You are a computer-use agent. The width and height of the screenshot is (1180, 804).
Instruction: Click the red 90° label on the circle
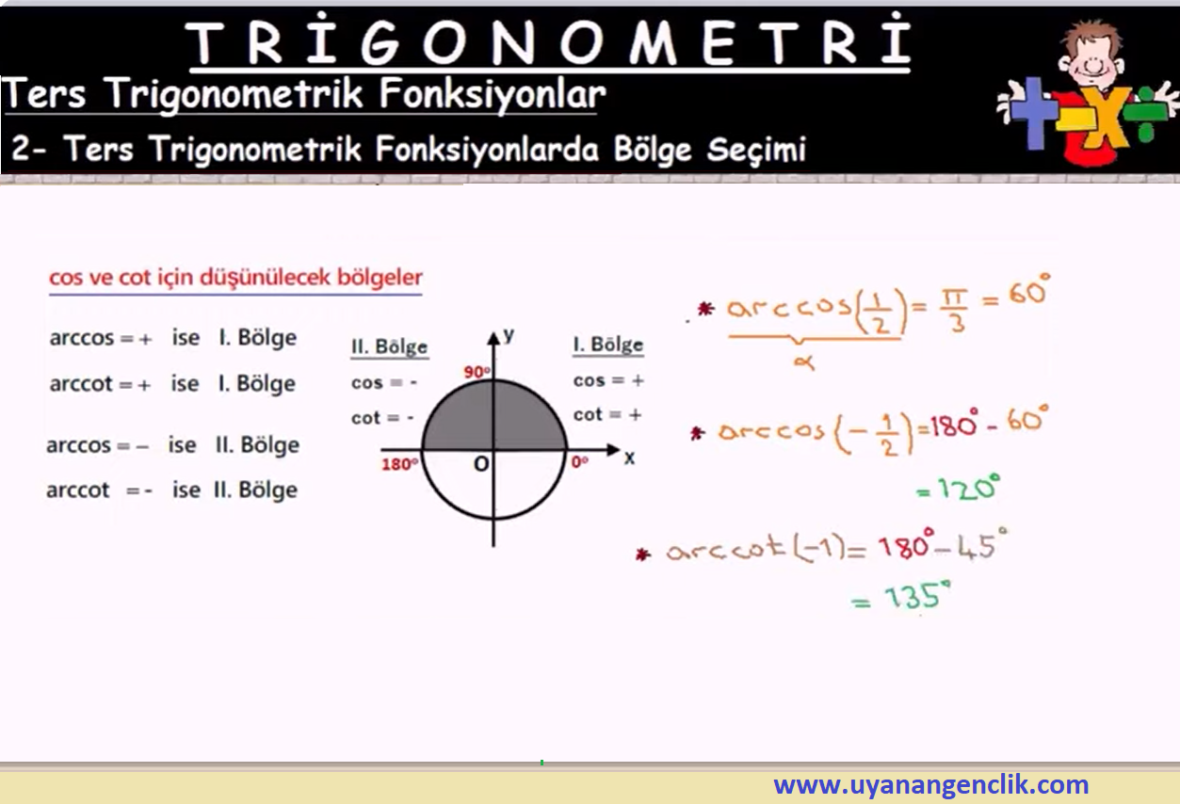pyautogui.click(x=477, y=372)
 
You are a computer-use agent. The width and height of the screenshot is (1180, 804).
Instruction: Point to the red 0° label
pyautogui.click(x=579, y=461)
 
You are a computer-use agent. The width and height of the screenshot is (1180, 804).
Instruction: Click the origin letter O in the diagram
pyautogui.click(x=481, y=464)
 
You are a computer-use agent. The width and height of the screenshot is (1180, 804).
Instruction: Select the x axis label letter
pyautogui.click(x=629, y=458)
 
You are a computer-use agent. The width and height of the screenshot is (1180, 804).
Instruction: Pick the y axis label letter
pyautogui.click(x=509, y=335)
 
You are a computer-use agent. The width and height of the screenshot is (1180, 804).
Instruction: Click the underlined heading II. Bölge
pyautogui.click(x=389, y=347)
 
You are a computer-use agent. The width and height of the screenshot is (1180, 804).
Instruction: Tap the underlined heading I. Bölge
pyautogui.click(x=608, y=345)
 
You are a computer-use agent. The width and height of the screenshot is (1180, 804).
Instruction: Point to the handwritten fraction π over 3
pyautogui.click(x=954, y=312)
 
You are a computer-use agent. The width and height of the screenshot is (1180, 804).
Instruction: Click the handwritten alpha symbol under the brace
pyautogui.click(x=804, y=362)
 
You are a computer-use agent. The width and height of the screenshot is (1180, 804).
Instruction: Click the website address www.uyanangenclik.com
pyautogui.click(x=930, y=784)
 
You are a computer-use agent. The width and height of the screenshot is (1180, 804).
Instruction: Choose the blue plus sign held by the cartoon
pyautogui.click(x=1033, y=112)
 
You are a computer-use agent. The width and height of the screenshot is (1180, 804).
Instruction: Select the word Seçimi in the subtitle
pyautogui.click(x=756, y=150)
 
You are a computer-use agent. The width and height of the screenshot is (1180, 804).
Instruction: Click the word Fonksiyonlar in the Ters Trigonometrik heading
pyautogui.click(x=493, y=95)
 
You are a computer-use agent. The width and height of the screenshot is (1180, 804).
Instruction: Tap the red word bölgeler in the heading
pyautogui.click(x=380, y=277)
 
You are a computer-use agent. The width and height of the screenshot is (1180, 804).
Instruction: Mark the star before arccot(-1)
pyautogui.click(x=643, y=554)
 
